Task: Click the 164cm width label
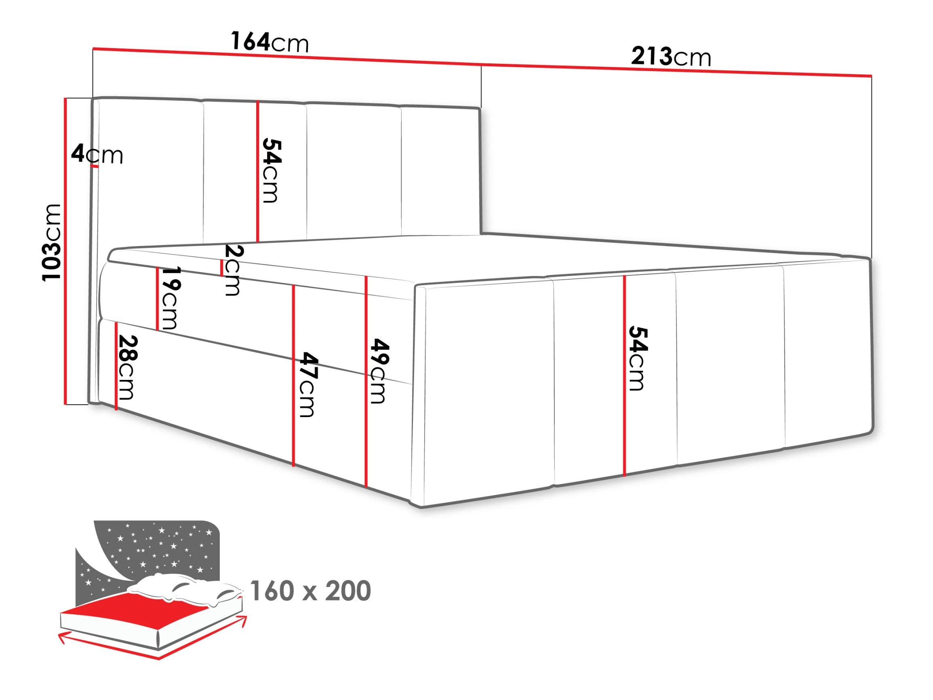270,42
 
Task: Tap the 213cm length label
671,57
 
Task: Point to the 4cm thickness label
97,154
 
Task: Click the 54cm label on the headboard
271,171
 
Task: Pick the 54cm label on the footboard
637,358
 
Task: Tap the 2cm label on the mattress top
233,270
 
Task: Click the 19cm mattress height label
171,298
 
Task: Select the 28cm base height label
127,367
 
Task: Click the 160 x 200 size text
310,591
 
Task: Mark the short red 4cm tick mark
95,166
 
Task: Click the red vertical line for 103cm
65,251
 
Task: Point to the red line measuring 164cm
287,57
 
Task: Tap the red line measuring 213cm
676,71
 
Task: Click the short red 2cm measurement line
221,268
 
